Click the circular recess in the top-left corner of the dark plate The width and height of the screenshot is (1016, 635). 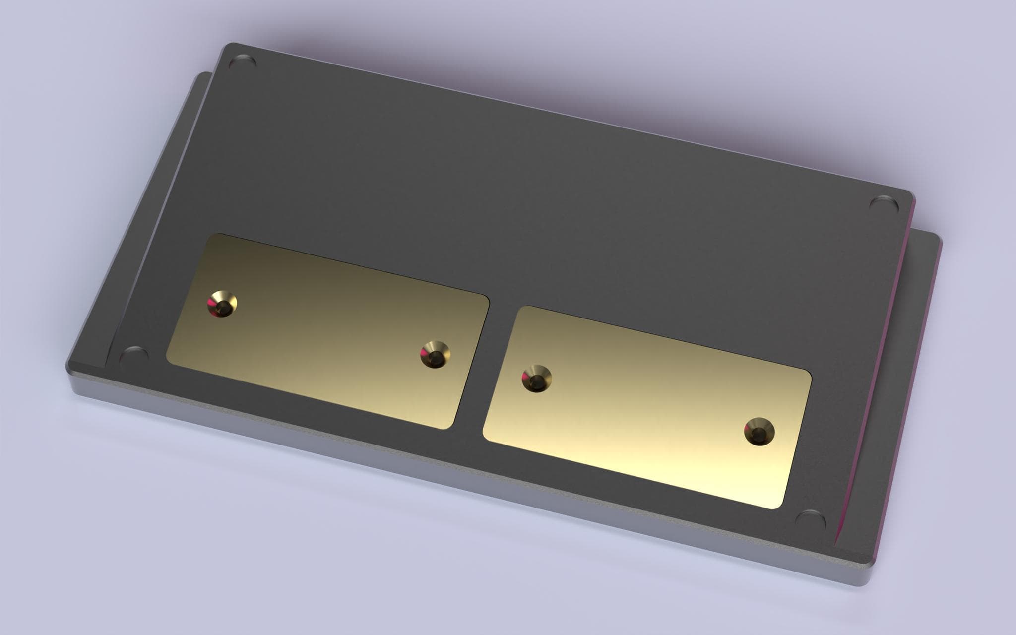[243, 63]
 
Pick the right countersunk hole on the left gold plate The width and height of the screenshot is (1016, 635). [436, 354]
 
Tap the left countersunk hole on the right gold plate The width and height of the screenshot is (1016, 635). [536, 379]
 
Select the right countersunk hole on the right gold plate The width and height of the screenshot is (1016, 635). [759, 432]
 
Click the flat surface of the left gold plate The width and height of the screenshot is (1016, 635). [322, 337]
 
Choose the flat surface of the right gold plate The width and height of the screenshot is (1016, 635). [645, 412]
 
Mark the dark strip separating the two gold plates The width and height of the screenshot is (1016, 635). [474, 367]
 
